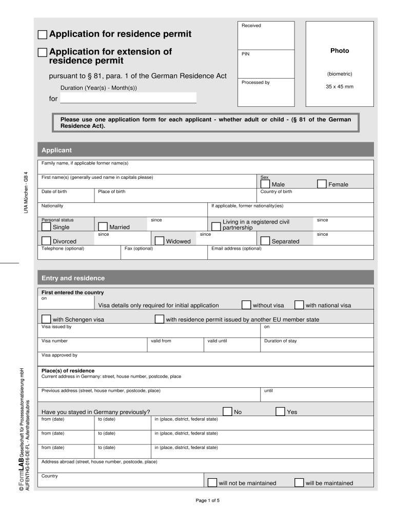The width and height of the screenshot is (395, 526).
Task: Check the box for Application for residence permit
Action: (x=43, y=35)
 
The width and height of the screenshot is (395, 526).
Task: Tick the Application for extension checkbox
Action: (x=43, y=52)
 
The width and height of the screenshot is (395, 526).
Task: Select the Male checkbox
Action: (x=265, y=184)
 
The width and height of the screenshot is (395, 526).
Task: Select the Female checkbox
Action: (x=322, y=184)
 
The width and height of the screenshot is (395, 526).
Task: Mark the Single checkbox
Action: (x=46, y=227)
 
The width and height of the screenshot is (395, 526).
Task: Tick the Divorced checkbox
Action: (x=46, y=240)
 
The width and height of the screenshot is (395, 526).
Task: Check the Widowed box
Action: (x=159, y=240)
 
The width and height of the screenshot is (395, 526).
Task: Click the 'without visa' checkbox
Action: (x=246, y=305)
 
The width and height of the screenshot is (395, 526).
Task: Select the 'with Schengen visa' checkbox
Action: (x=46, y=319)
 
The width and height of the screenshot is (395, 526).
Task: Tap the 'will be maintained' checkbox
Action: (x=299, y=482)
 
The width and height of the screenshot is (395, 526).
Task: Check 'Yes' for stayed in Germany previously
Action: (x=280, y=411)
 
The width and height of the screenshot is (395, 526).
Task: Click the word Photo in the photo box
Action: (x=339, y=51)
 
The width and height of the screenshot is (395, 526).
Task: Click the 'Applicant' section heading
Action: (x=56, y=150)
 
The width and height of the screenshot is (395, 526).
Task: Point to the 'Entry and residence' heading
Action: (x=73, y=278)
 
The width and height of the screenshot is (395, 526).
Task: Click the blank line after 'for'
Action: (x=128, y=98)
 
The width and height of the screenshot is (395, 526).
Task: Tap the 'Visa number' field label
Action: (x=54, y=341)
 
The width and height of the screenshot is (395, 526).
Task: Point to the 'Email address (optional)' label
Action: (x=236, y=249)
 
